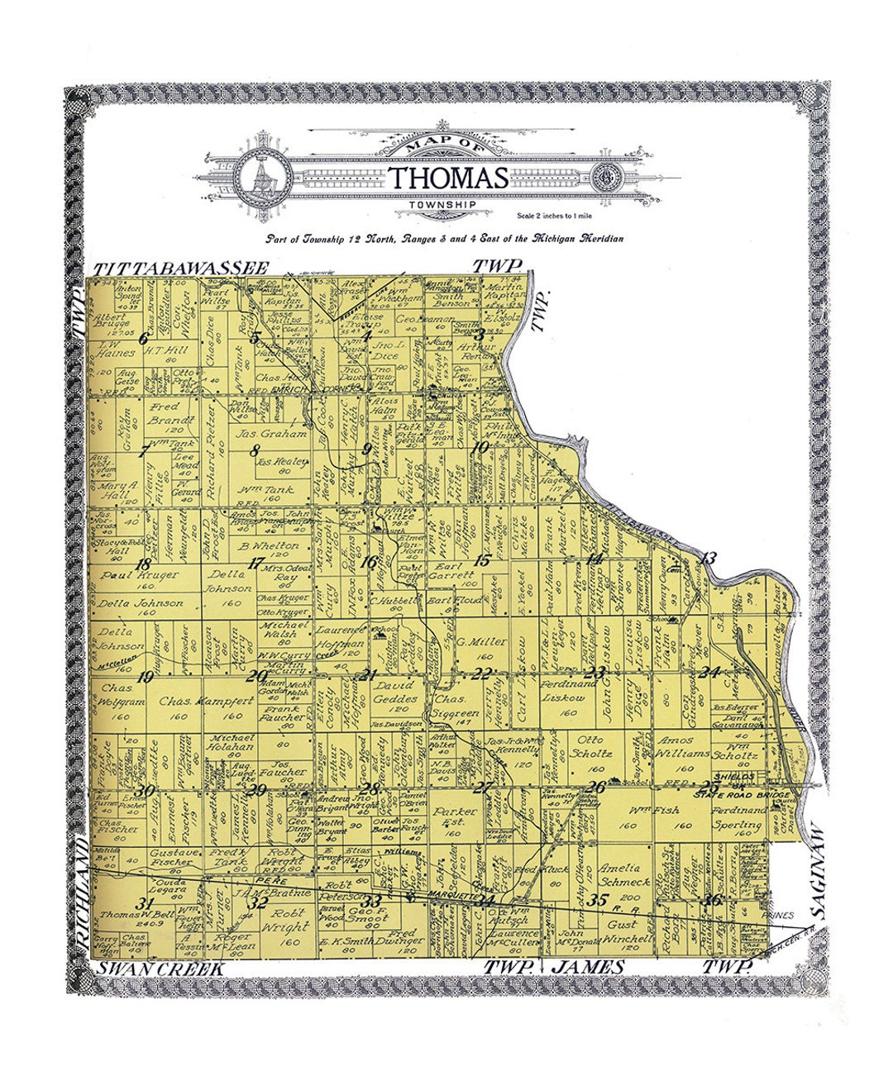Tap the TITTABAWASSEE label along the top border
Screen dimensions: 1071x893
tap(181, 269)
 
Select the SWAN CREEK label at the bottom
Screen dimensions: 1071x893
tap(160, 969)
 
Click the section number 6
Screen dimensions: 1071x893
tap(144, 338)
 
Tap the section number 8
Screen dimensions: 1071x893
tap(255, 450)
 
